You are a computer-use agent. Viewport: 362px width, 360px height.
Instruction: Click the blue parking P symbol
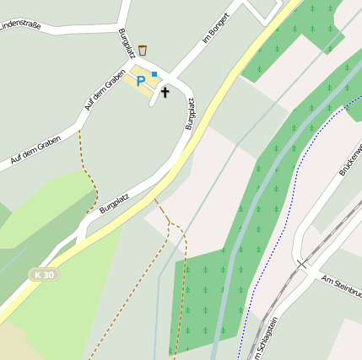pyautogui.click(x=141, y=81)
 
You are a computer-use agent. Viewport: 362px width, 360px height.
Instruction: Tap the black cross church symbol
pyautogui.click(x=165, y=91)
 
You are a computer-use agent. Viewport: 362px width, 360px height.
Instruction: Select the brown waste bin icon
pyautogui.click(x=143, y=51)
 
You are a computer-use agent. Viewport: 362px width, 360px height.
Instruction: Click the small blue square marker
pyautogui.click(x=154, y=74)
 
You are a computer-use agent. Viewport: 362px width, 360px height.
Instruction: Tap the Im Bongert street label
pyautogui.click(x=217, y=30)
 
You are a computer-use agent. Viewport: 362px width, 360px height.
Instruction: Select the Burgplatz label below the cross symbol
pyautogui.click(x=191, y=114)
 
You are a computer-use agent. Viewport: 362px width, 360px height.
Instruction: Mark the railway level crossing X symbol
pyautogui.click(x=300, y=264)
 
